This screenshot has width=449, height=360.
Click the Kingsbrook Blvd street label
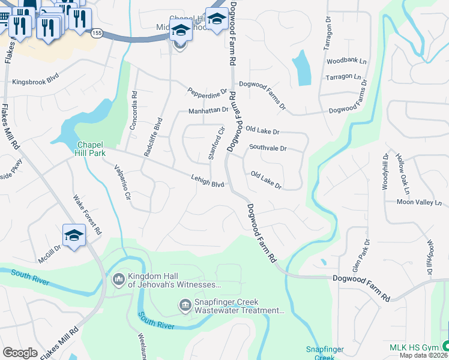(37, 82)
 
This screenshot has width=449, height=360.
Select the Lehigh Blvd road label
(207, 181)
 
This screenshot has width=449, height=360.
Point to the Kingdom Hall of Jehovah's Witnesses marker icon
(118, 279)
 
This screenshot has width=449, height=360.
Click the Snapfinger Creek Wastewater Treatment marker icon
(185, 306)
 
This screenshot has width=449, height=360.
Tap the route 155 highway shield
(97, 34)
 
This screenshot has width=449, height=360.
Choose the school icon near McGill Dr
(74, 236)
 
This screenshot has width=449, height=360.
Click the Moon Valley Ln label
(418, 203)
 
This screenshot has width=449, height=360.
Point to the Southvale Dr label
(268, 148)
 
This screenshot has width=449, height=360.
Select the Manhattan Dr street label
(208, 110)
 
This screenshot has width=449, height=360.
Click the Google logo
(20, 353)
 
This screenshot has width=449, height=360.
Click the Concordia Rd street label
(134, 110)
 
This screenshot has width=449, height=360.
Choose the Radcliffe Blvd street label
(153, 137)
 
